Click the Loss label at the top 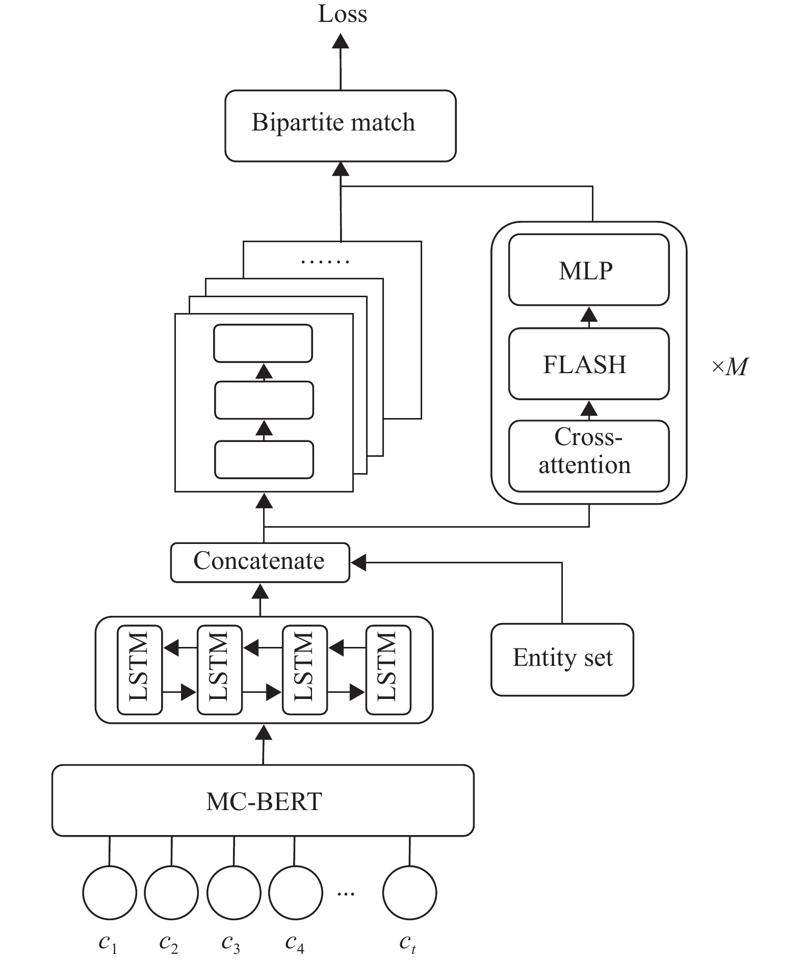click(x=342, y=14)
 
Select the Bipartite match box click(x=340, y=125)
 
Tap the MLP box click(x=588, y=270)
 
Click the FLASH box click(x=588, y=363)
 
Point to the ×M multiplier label click(x=730, y=367)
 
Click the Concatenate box click(x=260, y=562)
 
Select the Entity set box click(x=562, y=659)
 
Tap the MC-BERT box click(x=263, y=801)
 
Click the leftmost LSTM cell click(x=140, y=669)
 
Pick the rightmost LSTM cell click(x=388, y=669)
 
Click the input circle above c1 click(x=110, y=893)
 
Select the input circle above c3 click(x=234, y=893)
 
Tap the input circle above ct click(x=409, y=893)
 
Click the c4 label click(x=295, y=943)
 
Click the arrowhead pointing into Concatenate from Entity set click(x=358, y=563)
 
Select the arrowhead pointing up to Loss click(x=341, y=41)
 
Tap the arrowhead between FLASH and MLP click(x=589, y=315)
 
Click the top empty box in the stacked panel click(x=263, y=343)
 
